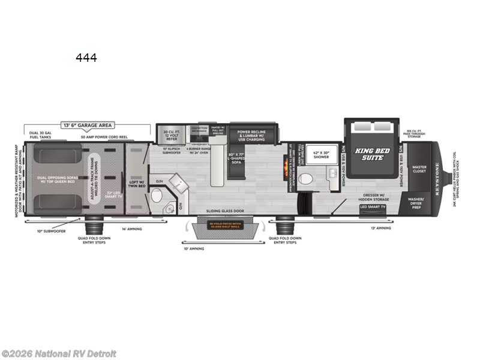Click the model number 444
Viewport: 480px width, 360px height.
pyautogui.click(x=86, y=58)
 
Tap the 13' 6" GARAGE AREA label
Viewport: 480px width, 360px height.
pyautogui.click(x=88, y=126)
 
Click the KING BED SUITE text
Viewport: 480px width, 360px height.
pyautogui.click(x=370, y=153)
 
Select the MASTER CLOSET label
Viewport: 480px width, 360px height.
pyautogui.click(x=419, y=169)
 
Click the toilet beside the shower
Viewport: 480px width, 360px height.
pyautogui.click(x=306, y=178)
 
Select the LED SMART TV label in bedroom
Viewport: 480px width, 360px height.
pyautogui.click(x=373, y=207)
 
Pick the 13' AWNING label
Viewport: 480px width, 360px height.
pyautogui.click(x=380, y=228)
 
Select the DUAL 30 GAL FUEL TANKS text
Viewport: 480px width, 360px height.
pyautogui.click(x=38, y=135)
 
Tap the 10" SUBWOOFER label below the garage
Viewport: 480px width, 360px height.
pyautogui.click(x=52, y=230)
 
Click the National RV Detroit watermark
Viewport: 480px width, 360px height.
pyautogui.click(x=59, y=353)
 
